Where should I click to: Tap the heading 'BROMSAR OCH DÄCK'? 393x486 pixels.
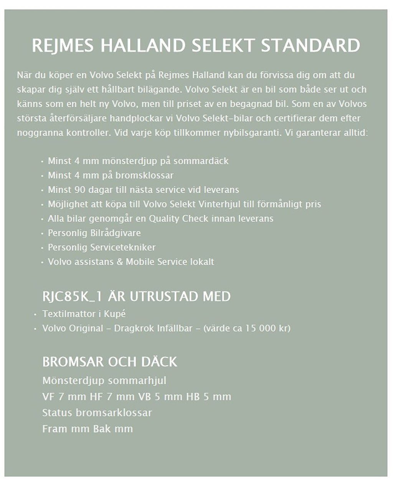point(110,362)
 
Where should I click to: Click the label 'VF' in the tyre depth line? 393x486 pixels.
point(48,397)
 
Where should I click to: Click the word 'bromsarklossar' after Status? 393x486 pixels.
point(114,413)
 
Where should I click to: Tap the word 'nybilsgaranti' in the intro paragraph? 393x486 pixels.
point(253,133)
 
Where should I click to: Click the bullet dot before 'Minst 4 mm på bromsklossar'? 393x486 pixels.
point(42,176)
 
